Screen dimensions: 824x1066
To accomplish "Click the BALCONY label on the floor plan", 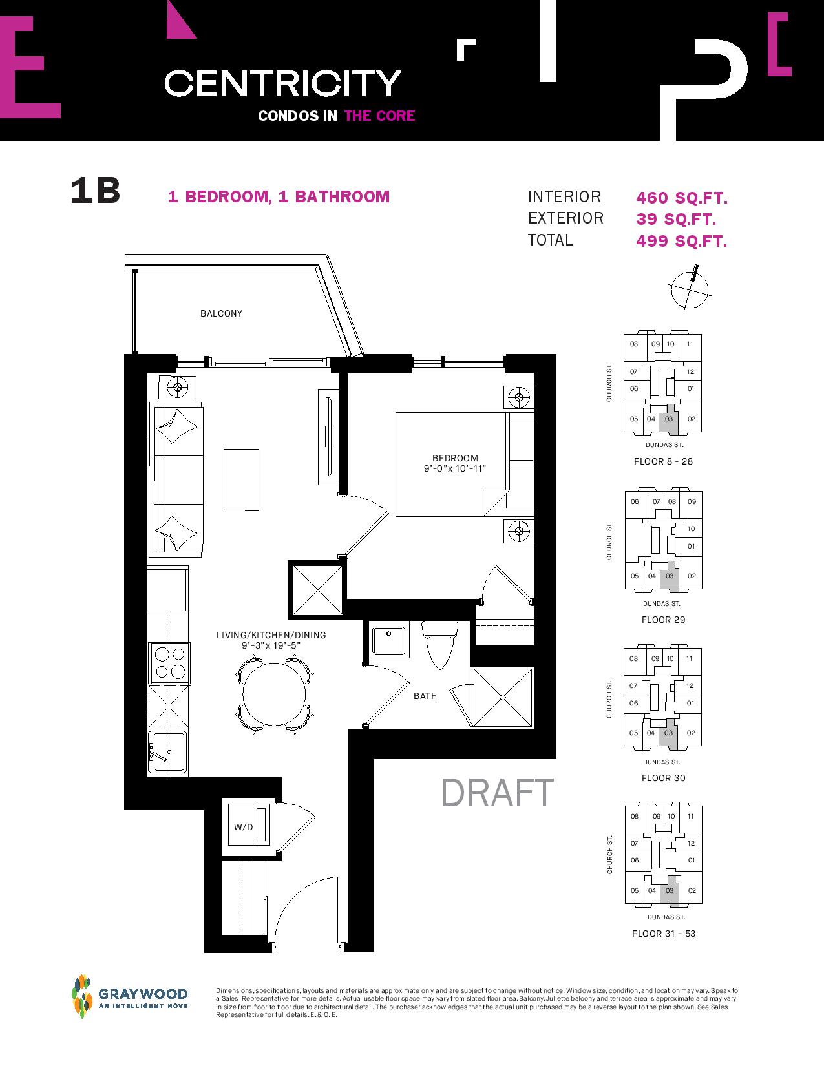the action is coord(221,313).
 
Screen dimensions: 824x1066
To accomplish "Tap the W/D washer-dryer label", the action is coord(244,827).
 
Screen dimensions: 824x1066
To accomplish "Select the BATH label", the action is coord(425,696).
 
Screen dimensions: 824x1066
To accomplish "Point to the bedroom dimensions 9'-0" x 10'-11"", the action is coord(455,468).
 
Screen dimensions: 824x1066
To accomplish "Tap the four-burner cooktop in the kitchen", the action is coord(169,662).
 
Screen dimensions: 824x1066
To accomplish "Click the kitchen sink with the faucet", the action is coord(168,752).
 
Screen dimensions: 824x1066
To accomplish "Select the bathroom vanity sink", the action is coord(390,641).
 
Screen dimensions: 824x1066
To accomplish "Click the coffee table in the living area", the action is coord(242,480).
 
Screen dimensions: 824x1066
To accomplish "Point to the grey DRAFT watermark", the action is coord(497,793).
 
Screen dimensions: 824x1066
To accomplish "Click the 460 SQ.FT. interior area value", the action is coord(682,198).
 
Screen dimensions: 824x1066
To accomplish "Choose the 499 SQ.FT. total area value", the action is coord(682,241).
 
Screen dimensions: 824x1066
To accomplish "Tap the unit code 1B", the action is coord(95,191).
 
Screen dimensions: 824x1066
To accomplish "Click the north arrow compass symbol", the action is coord(690,287).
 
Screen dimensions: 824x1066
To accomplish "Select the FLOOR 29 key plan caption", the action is coord(663,620).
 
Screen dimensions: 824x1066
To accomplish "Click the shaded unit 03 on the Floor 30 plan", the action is coord(668,737).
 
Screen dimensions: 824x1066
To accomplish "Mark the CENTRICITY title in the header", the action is coord(282,83).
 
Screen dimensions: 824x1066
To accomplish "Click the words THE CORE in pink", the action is coord(380,116).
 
